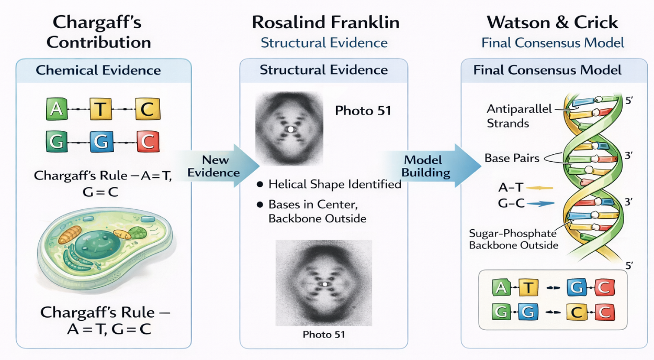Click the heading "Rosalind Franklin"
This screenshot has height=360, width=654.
tap(325, 22)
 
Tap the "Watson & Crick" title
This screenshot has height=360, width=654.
tap(552, 22)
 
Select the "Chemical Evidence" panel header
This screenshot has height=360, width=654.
tap(98, 70)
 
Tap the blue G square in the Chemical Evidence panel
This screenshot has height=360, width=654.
tap(101, 141)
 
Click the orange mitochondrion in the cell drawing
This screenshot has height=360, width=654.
tap(70, 234)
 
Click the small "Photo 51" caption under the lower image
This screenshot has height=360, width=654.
tap(324, 334)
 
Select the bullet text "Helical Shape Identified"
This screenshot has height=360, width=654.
tap(334, 184)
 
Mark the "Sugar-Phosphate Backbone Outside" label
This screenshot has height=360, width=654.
tap(513, 239)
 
